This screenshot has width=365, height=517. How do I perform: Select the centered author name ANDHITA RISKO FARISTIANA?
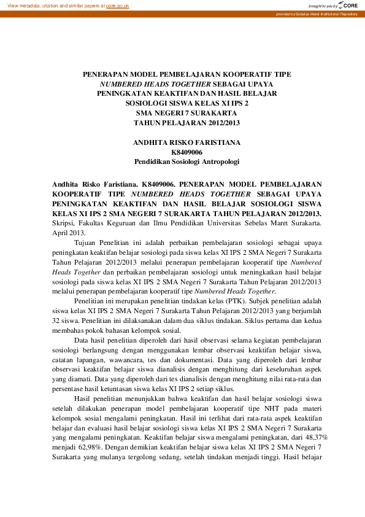tap(186, 142)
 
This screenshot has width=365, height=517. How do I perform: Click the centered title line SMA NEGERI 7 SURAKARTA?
tap(186, 113)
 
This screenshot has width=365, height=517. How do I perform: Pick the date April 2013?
tap(69, 233)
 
